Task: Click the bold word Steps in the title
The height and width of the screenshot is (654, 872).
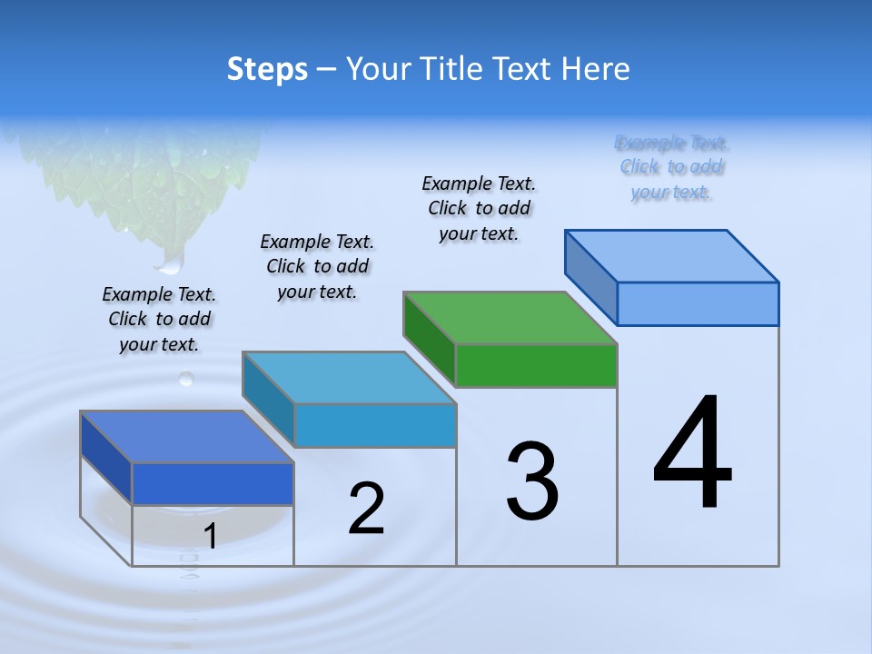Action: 267,69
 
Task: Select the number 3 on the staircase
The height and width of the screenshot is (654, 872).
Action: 532,481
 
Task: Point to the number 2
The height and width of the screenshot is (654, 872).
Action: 366,508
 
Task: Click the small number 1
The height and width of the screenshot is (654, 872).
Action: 211,537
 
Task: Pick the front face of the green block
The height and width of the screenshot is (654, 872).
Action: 536,366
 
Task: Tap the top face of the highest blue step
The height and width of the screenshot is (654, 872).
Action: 672,255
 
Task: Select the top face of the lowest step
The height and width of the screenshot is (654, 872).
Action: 187,437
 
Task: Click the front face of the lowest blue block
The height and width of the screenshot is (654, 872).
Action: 213,483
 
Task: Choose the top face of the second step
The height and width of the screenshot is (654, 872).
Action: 349,377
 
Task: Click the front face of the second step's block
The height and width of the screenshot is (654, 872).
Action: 375,425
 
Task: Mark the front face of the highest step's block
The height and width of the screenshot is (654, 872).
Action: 698,303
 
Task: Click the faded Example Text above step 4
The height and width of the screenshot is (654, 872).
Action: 671,167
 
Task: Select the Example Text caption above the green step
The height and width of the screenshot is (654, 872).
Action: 479,209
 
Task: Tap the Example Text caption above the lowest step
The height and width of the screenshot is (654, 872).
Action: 159,319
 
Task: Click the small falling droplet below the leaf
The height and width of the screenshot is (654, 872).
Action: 186,377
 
